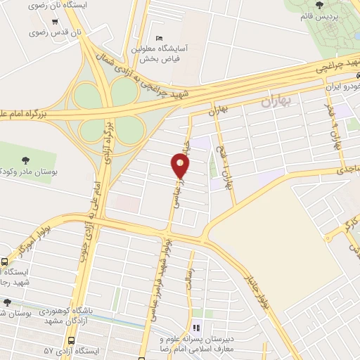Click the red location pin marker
(x=181, y=166)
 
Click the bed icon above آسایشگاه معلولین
(x=159, y=37)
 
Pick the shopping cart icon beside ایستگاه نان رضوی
(x=55, y=21)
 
